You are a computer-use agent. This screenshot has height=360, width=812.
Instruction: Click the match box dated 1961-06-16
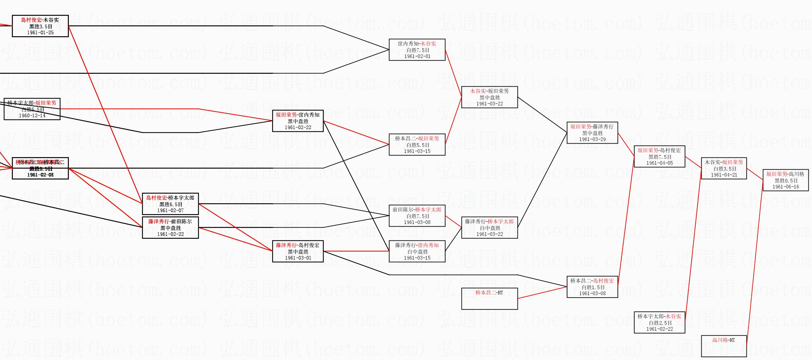tap(785, 180)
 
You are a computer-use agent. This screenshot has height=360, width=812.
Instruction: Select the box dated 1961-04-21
tap(724, 168)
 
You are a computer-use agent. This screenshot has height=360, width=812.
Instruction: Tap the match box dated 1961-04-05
tap(659, 156)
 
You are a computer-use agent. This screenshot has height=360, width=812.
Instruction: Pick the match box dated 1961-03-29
tap(592, 133)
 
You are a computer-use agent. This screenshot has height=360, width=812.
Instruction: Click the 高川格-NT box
tap(724, 346)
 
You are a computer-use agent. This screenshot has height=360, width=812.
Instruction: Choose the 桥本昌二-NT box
tap(489, 298)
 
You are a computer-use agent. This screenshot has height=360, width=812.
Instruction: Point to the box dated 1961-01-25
tap(40, 26)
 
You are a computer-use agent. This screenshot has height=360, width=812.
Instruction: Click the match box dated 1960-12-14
tap(32, 109)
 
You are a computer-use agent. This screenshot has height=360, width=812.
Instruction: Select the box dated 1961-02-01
tap(417, 50)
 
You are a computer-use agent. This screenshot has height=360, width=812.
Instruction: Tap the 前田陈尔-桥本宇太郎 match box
tap(417, 216)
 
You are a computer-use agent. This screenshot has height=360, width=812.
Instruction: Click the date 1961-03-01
tap(298, 258)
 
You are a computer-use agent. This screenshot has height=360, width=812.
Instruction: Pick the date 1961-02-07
tap(170, 210)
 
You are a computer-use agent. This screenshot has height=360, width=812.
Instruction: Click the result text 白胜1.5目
tap(592, 287)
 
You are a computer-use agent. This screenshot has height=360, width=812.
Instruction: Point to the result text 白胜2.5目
tap(659, 323)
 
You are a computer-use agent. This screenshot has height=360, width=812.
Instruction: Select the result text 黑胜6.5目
tap(170, 204)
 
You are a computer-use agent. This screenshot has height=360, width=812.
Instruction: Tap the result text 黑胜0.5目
tap(785, 180)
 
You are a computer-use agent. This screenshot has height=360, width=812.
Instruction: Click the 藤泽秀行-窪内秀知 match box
tap(417, 251)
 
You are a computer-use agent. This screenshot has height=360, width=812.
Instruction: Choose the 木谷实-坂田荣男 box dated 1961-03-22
tap(489, 97)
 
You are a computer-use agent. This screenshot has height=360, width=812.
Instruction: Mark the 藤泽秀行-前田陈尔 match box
tap(170, 228)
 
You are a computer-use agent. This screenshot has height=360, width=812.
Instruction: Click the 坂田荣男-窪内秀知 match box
tap(298, 121)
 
